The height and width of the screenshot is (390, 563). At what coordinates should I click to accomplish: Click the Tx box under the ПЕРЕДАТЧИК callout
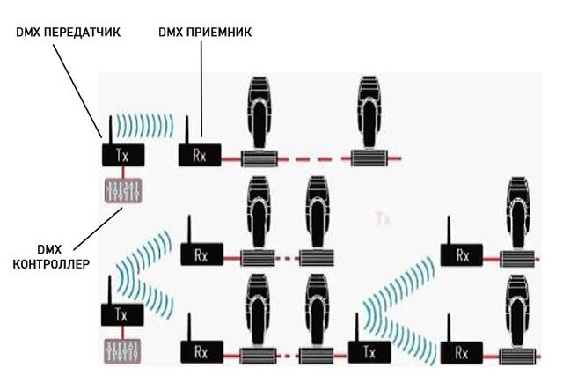(121, 156)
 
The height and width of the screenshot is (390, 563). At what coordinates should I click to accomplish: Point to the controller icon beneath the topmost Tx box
(121, 191)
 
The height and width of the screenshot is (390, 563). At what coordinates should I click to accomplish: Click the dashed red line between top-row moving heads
(315, 158)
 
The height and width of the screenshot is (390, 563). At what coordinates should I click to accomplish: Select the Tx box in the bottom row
(367, 350)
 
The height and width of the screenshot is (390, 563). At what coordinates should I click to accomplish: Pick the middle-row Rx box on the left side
(201, 254)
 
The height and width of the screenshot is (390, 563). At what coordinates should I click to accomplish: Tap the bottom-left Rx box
(201, 350)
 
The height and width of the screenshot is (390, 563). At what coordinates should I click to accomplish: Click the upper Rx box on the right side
(463, 255)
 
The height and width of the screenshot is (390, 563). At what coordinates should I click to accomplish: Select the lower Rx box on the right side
(463, 350)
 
